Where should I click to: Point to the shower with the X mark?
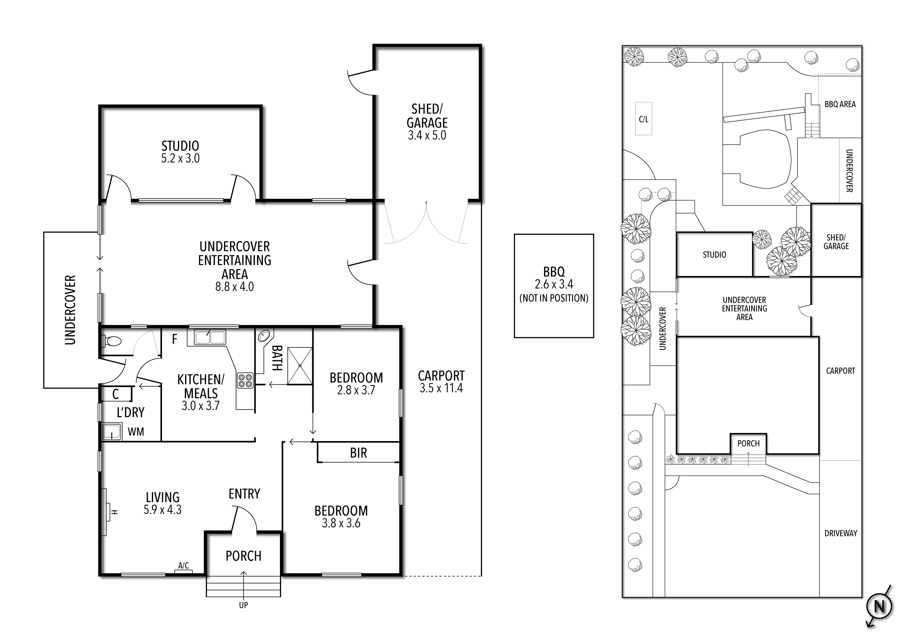pyautogui.click(x=300, y=366)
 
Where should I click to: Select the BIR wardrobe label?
pyautogui.click(x=358, y=453)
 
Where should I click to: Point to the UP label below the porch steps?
pyautogui.click(x=243, y=605)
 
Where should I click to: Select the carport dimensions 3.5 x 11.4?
pyautogui.click(x=441, y=388)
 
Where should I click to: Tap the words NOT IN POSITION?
pyautogui.click(x=553, y=298)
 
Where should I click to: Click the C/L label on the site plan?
pyautogui.click(x=643, y=119)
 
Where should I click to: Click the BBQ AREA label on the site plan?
pyautogui.click(x=840, y=104)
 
